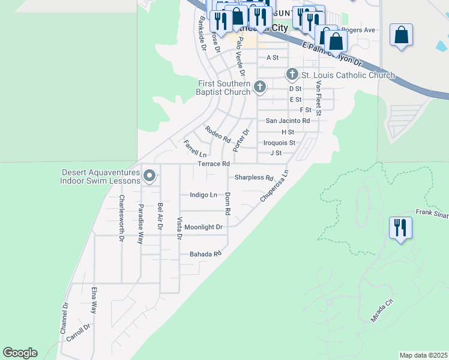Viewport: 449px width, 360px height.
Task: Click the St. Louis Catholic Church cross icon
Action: pyautogui.click(x=292, y=74)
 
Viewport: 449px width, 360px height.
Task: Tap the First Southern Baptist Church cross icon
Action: pyautogui.click(x=260, y=87)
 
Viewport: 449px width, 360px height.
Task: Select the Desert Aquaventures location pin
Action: pyautogui.click(x=149, y=176)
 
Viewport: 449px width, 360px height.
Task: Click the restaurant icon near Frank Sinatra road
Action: pyautogui.click(x=400, y=228)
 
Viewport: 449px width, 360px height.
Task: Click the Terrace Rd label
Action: pyautogui.click(x=214, y=164)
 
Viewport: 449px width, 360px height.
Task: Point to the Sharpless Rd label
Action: pyautogui.click(x=253, y=178)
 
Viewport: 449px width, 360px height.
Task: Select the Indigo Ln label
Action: pyautogui.click(x=203, y=195)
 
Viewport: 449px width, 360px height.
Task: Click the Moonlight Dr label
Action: pyautogui.click(x=203, y=227)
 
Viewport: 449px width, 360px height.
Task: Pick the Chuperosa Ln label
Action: pyautogui.click(x=274, y=185)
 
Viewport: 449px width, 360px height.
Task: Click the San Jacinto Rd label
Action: pyautogui.click(x=288, y=121)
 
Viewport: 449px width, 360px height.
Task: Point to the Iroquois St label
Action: pyautogui.click(x=279, y=143)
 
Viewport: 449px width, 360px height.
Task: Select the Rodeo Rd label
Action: pyautogui.click(x=217, y=134)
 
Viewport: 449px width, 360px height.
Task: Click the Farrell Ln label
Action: pyautogui.click(x=194, y=148)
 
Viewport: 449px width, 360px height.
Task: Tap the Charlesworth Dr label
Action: pyautogui.click(x=121, y=218)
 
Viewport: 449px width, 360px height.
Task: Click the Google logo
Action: pyautogui.click(x=20, y=353)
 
